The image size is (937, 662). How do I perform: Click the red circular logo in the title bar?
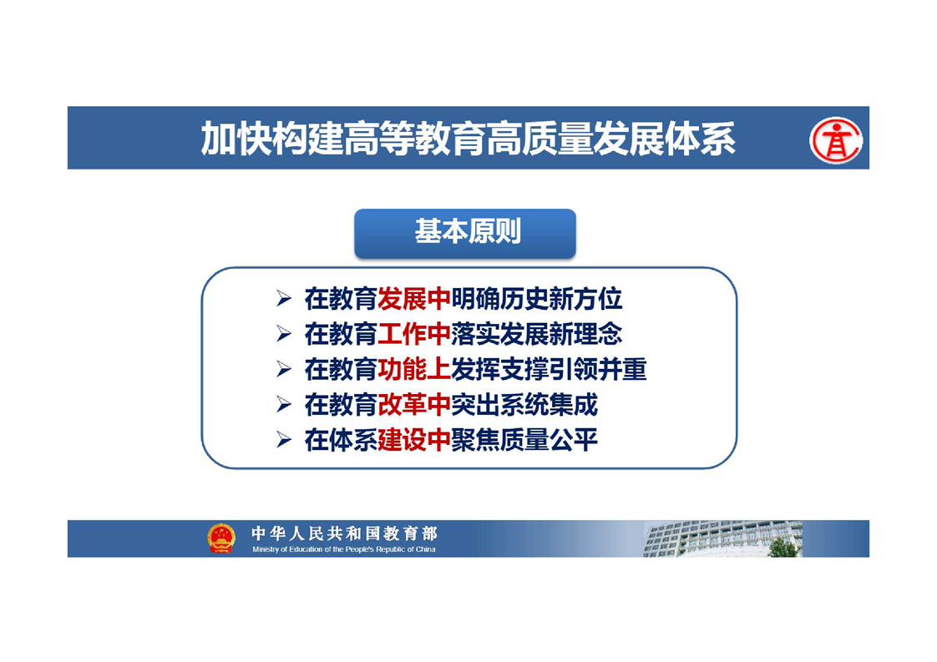click(x=835, y=140)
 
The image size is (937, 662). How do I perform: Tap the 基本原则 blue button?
click(x=465, y=233)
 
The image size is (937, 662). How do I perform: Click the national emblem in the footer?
click(x=221, y=538)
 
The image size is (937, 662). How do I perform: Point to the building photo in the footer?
click(x=722, y=538)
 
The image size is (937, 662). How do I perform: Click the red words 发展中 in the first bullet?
click(x=414, y=299)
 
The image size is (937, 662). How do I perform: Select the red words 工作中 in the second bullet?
click(x=414, y=334)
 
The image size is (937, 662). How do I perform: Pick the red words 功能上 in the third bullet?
click(x=414, y=369)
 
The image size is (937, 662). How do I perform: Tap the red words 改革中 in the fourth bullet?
click(x=414, y=405)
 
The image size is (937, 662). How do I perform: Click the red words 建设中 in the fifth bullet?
click(x=414, y=440)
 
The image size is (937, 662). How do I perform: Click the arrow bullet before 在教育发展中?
click(x=284, y=299)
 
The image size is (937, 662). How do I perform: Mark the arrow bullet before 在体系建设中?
click(x=284, y=440)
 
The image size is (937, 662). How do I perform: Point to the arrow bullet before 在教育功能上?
click(x=284, y=370)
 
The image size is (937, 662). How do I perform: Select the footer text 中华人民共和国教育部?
click(x=345, y=533)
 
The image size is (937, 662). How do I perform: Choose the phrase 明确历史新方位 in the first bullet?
click(x=537, y=299)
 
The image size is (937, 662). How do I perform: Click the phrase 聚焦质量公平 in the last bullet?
click(x=524, y=440)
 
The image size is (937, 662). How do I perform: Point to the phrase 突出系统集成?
click(x=524, y=405)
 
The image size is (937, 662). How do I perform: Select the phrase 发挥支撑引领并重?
click(x=549, y=369)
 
